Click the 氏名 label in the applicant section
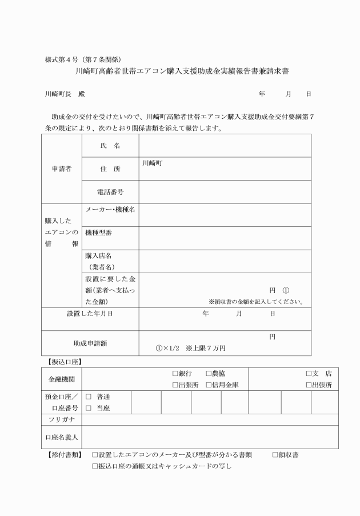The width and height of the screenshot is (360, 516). pyautogui.click(x=110, y=146)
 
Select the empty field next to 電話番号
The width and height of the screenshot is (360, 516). pyautogui.click(x=225, y=192)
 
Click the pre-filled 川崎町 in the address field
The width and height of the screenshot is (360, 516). pyautogui.click(x=151, y=162)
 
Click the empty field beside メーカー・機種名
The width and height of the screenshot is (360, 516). pyautogui.click(x=225, y=215)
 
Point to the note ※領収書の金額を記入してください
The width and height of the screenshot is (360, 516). pyautogui.click(x=255, y=302)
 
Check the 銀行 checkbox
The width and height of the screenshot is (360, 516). pyautogui.click(x=175, y=373)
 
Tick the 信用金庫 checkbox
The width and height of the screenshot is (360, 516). pyautogui.click(x=209, y=385)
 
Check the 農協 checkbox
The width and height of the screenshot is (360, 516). pyautogui.click(x=209, y=373)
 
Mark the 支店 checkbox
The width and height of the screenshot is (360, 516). pyautogui.click(x=309, y=373)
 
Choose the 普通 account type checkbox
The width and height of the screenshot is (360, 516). pyautogui.click(x=89, y=396)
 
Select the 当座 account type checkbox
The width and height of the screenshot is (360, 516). pyautogui.click(x=89, y=407)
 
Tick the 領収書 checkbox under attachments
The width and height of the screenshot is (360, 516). pyautogui.click(x=275, y=455)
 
